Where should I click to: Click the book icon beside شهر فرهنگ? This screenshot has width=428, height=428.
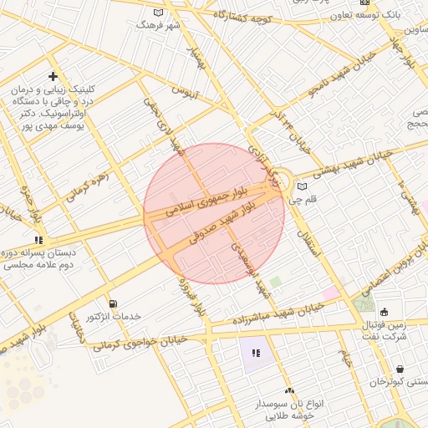(159, 13)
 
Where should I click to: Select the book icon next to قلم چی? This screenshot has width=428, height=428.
(302, 186)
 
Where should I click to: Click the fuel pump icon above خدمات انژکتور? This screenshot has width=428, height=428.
(113, 303)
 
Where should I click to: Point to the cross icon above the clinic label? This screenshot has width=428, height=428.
(53, 77)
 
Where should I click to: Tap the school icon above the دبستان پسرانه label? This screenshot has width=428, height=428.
(38, 240)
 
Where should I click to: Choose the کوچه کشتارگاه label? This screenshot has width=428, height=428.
(243, 16)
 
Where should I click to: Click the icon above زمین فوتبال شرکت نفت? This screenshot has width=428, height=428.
(384, 312)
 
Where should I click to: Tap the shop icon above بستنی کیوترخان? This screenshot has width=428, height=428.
(400, 369)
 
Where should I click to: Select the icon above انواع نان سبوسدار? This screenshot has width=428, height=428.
(289, 390)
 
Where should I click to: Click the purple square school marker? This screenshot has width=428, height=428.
(255, 354)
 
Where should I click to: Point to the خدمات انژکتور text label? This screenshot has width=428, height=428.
(115, 317)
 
